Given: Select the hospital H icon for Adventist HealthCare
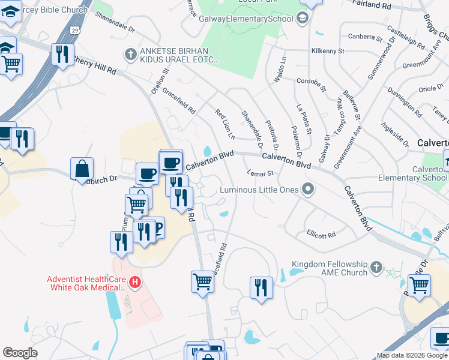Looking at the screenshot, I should tap(136, 281).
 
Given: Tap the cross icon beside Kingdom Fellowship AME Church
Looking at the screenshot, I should tap(376, 266).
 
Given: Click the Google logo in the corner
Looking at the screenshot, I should tap(20, 353).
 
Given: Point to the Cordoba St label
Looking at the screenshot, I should tap(311, 84).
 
